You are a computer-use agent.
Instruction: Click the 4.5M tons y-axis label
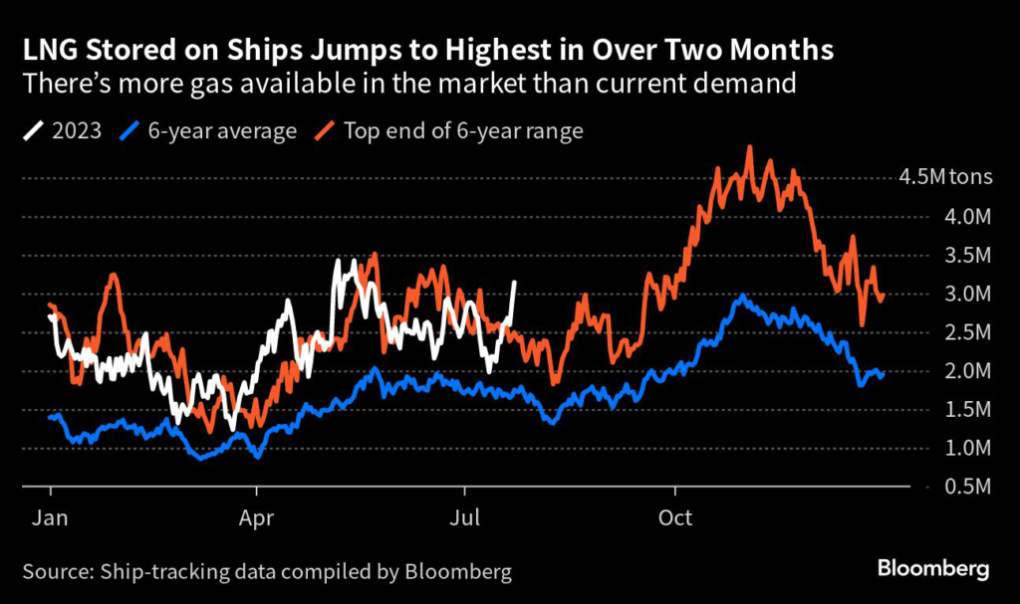946,178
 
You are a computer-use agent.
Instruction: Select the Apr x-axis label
257,518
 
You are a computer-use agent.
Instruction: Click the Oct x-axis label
675,518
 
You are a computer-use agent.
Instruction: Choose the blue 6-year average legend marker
129,131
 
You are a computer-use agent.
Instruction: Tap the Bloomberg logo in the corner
932,569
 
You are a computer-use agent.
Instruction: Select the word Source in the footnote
57,572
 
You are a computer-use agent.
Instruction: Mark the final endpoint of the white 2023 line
514,282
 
